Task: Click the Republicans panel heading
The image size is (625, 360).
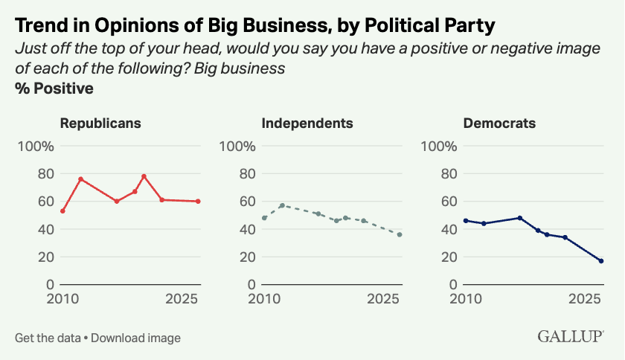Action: pyautogui.click(x=100, y=123)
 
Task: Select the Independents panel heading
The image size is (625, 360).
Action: pyautogui.click(x=307, y=123)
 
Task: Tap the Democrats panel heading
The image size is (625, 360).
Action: pyautogui.click(x=499, y=123)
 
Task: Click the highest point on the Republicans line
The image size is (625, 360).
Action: pyautogui.click(x=144, y=176)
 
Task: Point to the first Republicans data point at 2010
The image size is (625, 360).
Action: pyautogui.click(x=62, y=211)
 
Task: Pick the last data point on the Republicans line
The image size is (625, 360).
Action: pyautogui.click(x=199, y=202)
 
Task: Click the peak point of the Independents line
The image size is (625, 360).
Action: pyautogui.click(x=282, y=205)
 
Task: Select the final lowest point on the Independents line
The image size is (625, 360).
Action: pyautogui.click(x=400, y=234)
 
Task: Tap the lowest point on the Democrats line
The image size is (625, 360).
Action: pyautogui.click(x=600, y=261)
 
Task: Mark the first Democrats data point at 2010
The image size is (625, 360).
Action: pyautogui.click(x=466, y=220)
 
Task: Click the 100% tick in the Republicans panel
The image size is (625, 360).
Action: pyautogui.click(x=36, y=146)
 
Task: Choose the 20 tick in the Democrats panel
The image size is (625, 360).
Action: pyautogui.click(x=449, y=257)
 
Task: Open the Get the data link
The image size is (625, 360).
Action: pyautogui.click(x=48, y=338)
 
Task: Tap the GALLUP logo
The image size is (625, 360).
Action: pyautogui.click(x=570, y=336)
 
